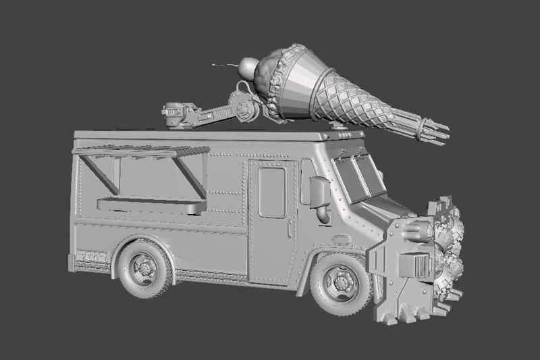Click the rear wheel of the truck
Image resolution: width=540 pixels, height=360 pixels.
coord(144,268)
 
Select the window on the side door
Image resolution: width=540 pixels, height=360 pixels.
coord(271,192)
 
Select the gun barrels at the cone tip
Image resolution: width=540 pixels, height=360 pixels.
coord(433,131)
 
